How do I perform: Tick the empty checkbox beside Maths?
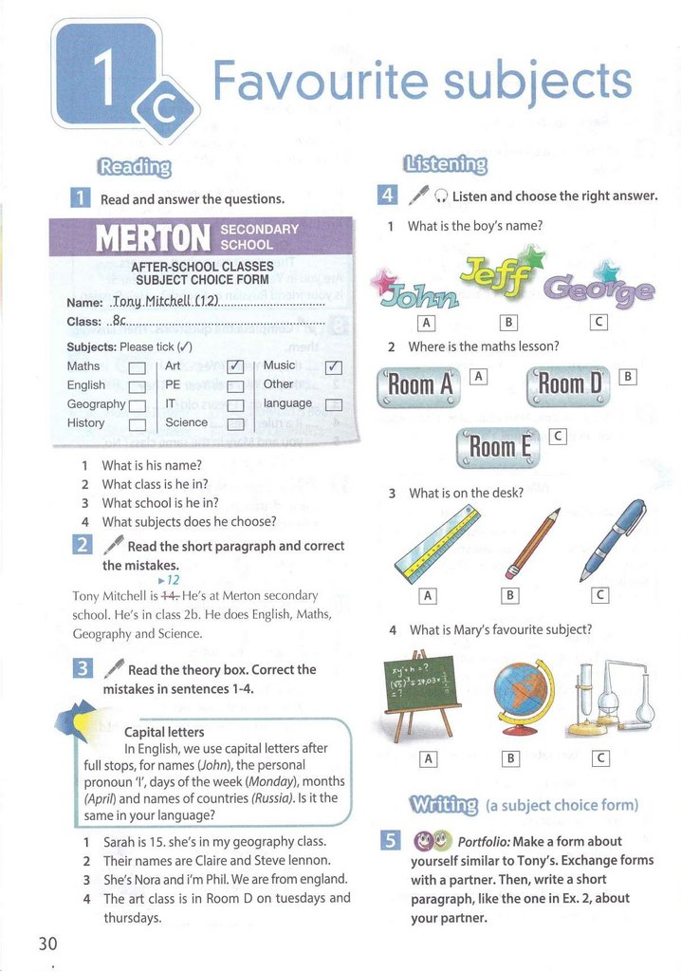coord(136,367)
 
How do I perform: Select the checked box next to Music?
coord(333,367)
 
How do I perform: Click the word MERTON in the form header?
coord(153,237)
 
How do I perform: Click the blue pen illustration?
coord(614,539)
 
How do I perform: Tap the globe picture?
coord(520,693)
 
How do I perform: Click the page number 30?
coord(47,943)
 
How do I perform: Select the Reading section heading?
coord(134,167)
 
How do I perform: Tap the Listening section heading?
coord(445,164)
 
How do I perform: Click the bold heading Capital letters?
coord(164,732)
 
